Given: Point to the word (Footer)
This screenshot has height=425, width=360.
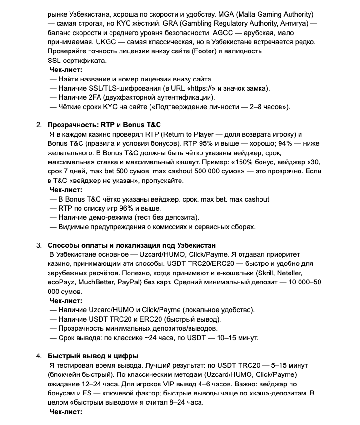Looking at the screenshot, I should (x=205, y=51).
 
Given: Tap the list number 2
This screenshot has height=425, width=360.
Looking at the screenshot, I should (x=39, y=125).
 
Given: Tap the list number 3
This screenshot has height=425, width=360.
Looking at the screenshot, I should (x=39, y=245).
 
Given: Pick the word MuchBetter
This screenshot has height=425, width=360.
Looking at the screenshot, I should (x=95, y=283).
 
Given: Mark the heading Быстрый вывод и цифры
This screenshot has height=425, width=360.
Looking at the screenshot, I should (x=93, y=356).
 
